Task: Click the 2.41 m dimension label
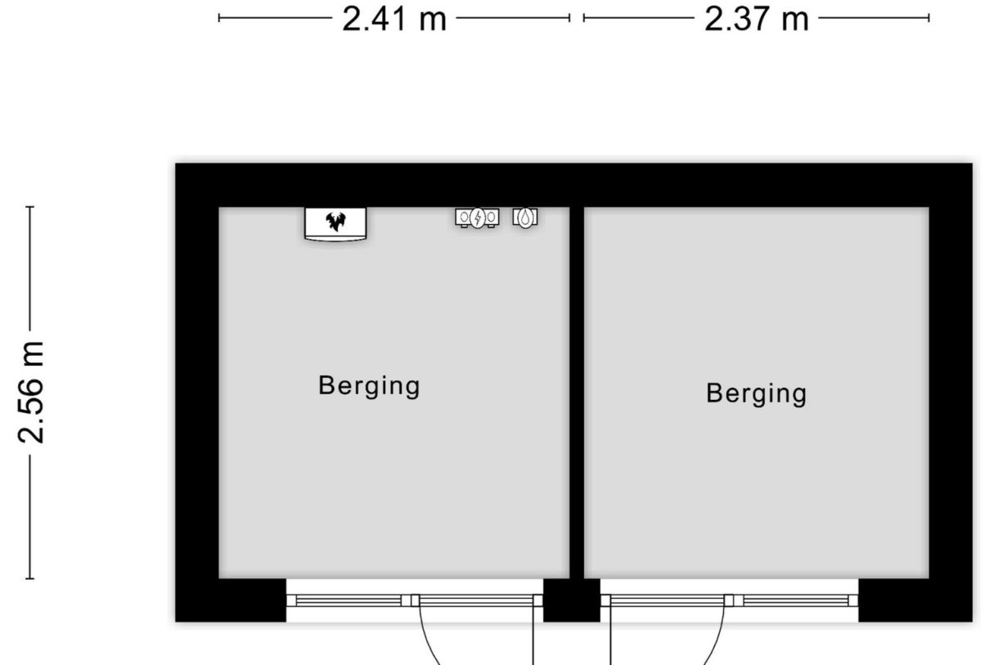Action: click(x=394, y=20)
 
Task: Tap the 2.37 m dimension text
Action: click(x=757, y=20)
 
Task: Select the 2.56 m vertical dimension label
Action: click(x=31, y=393)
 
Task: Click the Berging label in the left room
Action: click(x=369, y=386)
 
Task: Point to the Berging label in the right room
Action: click(x=757, y=393)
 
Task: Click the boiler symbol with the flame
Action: click(x=335, y=224)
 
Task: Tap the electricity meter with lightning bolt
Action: click(x=477, y=218)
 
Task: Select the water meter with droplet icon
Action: click(x=525, y=218)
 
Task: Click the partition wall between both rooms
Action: click(x=577, y=393)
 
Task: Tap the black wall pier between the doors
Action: click(x=572, y=600)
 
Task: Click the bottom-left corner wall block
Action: click(x=231, y=600)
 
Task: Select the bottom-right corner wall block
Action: click(x=915, y=600)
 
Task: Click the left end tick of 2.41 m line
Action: click(x=218, y=18)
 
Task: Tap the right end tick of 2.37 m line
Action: click(x=929, y=18)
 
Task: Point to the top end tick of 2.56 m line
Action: click(x=29, y=207)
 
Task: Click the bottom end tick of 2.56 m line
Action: click(x=29, y=578)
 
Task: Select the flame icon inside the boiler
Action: click(x=335, y=222)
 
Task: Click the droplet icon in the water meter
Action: click(x=526, y=218)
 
